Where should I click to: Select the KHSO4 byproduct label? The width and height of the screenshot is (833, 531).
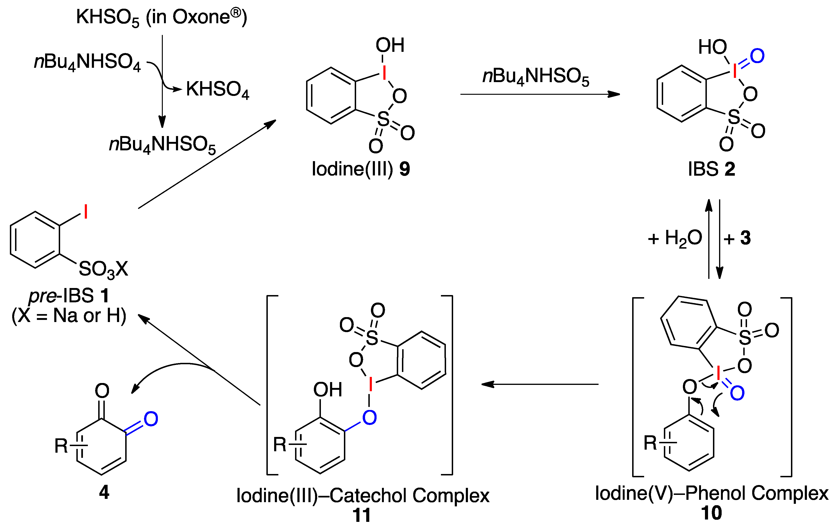(x=217, y=90)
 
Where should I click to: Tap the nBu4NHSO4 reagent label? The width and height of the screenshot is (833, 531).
(x=88, y=62)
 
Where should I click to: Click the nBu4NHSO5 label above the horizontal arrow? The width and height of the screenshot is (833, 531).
(x=536, y=77)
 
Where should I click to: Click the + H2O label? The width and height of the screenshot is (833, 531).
(x=675, y=238)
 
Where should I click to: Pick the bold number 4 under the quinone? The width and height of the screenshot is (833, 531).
(x=104, y=492)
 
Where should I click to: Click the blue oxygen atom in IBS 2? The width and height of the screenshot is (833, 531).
(x=757, y=56)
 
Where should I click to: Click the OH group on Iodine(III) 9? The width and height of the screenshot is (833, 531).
(x=390, y=45)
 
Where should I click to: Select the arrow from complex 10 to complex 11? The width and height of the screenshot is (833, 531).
(x=540, y=384)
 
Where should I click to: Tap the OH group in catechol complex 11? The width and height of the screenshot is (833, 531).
(x=327, y=390)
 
